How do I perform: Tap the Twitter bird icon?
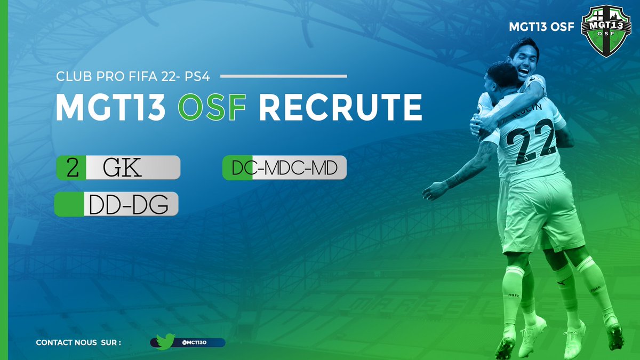click(165, 342)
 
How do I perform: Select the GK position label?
click(123, 167)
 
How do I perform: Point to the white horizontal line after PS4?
click(283, 76)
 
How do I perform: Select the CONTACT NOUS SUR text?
click(78, 342)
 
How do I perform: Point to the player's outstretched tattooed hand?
click(433, 190)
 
